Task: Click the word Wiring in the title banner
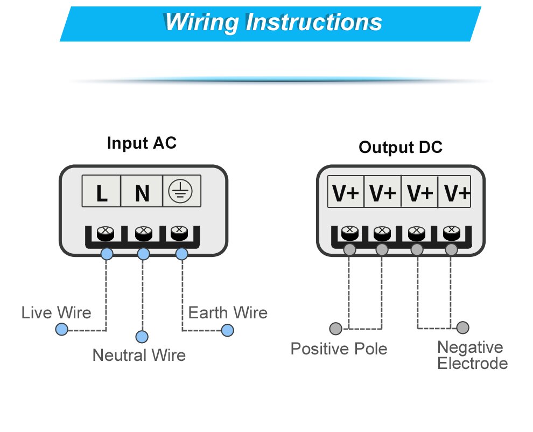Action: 201,23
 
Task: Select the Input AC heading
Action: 142,143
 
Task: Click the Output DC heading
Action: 401,147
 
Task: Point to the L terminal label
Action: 101,193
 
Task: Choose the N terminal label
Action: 142,193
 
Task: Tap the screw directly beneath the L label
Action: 104,233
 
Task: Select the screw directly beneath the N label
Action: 142,233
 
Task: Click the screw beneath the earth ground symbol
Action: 179,233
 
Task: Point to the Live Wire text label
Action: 56,312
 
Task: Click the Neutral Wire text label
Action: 139,355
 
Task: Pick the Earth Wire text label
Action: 228,312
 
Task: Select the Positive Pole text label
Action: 339,349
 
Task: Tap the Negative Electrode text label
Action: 472,355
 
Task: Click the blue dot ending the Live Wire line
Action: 62,330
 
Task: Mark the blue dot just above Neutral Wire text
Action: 142,337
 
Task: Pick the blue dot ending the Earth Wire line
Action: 228,330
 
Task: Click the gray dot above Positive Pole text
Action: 335,328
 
